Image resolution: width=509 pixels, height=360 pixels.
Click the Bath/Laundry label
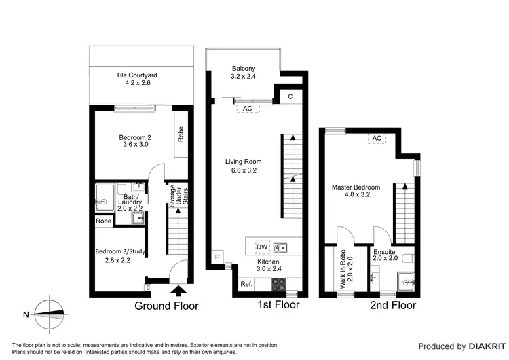pos(130,202)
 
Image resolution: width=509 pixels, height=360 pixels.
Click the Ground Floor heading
pos(166,306)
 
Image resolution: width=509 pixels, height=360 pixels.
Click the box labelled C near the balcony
pos(290,97)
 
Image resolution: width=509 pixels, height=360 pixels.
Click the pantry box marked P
pos(217,257)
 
